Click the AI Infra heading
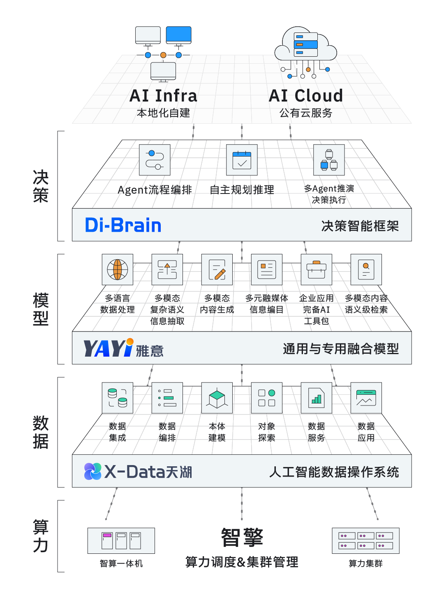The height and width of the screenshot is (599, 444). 163,96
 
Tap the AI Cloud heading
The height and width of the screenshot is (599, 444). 305,96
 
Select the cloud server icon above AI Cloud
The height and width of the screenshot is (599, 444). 305,45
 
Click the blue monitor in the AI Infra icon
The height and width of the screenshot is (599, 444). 178,35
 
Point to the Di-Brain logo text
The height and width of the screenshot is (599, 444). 123,225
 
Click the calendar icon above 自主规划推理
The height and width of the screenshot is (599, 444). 242,160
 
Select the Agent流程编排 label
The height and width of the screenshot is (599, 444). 155,190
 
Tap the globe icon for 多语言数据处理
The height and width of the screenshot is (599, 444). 118,270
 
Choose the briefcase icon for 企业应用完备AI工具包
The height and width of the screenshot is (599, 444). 316,270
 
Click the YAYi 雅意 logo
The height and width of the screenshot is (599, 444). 123,348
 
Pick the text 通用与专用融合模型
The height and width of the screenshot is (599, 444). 340,349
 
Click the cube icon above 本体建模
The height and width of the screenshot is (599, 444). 217,398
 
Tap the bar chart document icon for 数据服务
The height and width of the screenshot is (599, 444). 316,398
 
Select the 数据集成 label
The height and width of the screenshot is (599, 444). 118,432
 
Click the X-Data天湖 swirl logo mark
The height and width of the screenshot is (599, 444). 93,471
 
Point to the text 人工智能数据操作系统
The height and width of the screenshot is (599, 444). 334,472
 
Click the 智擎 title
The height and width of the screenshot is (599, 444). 242,537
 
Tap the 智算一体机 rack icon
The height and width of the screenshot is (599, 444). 121,541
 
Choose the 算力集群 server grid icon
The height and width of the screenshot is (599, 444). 365,541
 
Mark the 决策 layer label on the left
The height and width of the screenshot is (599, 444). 41,186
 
